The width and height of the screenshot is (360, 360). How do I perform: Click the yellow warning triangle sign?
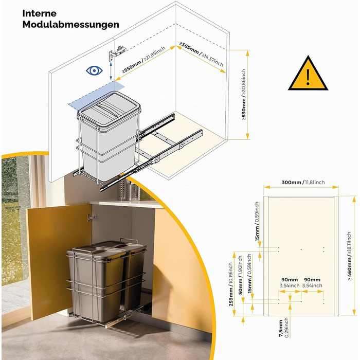(x=308, y=74)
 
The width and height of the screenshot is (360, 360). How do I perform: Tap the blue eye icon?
(x=94, y=71)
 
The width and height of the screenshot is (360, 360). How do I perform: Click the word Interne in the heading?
(x=39, y=13)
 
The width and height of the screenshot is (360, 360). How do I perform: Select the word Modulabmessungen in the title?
(x=71, y=25)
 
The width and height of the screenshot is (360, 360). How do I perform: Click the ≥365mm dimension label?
(x=189, y=48)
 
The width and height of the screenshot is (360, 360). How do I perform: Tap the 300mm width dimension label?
(x=292, y=182)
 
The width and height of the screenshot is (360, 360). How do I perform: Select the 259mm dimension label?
(x=231, y=296)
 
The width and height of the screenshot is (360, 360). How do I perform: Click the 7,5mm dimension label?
(x=281, y=329)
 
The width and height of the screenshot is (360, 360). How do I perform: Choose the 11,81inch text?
(x=315, y=182)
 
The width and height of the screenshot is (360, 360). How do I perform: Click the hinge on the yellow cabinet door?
(x=92, y=218)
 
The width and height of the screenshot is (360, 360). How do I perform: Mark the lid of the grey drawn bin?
(x=109, y=108)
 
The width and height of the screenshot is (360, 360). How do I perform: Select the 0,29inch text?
(x=286, y=328)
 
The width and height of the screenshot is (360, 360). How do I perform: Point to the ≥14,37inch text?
(x=212, y=59)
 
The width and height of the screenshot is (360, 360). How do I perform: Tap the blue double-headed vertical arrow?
(x=111, y=71)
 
